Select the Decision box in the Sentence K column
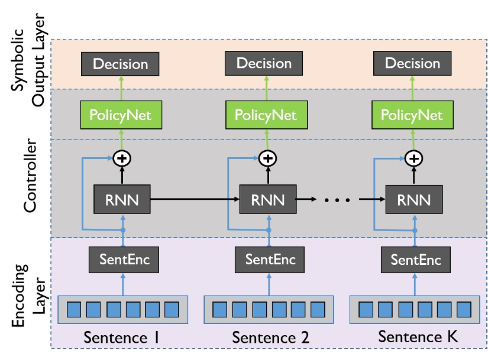point(413,63)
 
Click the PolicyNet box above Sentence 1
point(121,114)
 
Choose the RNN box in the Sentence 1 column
point(123,200)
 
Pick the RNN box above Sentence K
point(413,200)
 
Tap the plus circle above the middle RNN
point(268,158)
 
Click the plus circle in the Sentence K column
point(415,158)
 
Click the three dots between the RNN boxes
point(338,200)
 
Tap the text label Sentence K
point(418,338)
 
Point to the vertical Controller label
point(30,177)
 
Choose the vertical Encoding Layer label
point(30,293)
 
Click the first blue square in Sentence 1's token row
point(74,309)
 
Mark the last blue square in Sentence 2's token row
point(318,309)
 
